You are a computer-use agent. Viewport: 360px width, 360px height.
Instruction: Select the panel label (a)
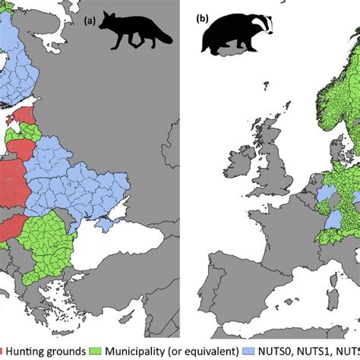click(89, 21)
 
